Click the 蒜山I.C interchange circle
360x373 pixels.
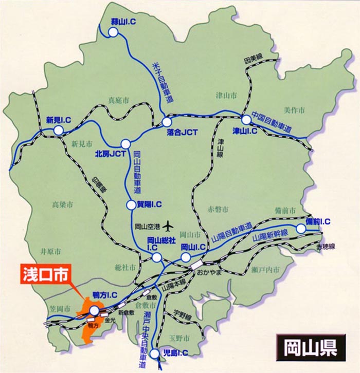(x=113, y=32)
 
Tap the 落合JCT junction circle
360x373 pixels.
(x=167, y=122)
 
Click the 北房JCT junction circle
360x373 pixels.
(x=125, y=144)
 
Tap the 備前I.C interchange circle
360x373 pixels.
(x=301, y=228)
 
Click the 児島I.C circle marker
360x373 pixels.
(x=155, y=353)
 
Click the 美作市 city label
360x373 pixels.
(x=294, y=110)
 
